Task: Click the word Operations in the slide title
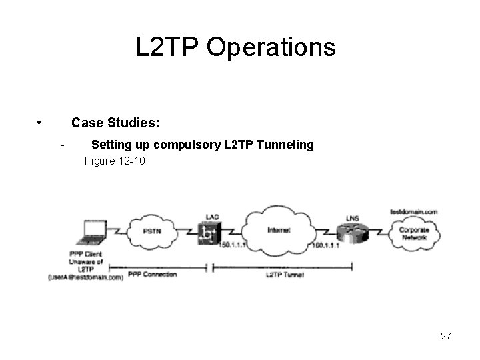click(271, 47)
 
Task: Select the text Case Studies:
click(115, 123)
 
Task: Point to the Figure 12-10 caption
click(115, 161)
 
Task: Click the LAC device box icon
click(209, 233)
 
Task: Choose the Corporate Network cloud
click(414, 233)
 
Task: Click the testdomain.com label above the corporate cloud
click(413, 211)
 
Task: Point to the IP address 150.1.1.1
click(233, 246)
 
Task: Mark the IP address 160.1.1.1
click(326, 246)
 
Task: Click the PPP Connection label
click(152, 274)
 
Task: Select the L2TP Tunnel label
click(285, 275)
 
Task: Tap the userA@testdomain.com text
click(86, 277)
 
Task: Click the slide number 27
click(446, 336)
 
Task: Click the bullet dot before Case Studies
click(40, 123)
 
